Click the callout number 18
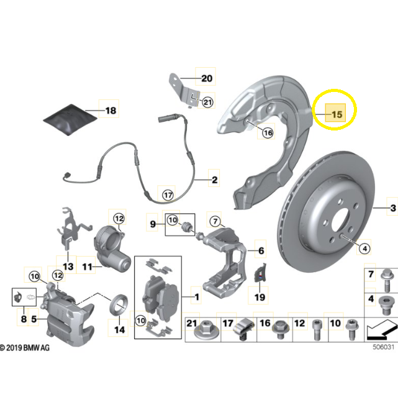point(110,111)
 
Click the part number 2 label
point(214,181)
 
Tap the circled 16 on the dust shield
point(267,132)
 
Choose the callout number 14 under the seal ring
point(120,329)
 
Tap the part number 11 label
point(88,267)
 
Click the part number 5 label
point(35,320)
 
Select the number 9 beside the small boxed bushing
point(152,221)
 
